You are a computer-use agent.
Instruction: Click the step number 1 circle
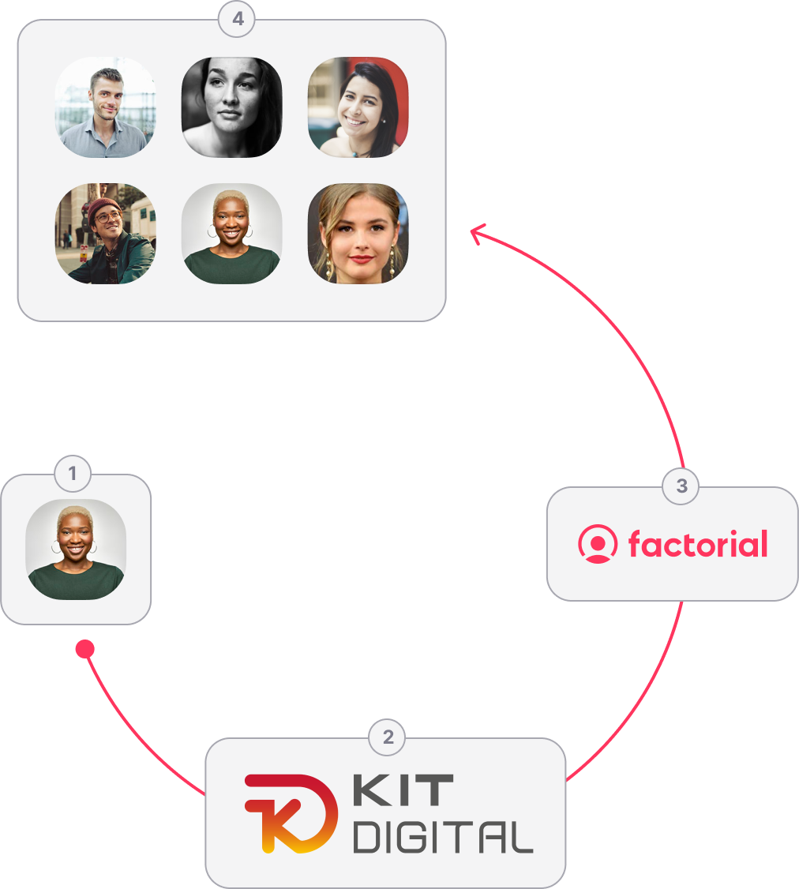(73, 474)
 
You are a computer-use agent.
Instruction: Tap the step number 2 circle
(387, 737)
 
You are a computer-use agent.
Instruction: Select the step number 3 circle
(681, 486)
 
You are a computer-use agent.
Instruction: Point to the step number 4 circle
(237, 19)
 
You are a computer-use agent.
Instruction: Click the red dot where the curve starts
(85, 649)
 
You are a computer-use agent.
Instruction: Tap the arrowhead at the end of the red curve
(477, 232)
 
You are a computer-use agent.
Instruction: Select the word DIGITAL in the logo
(443, 838)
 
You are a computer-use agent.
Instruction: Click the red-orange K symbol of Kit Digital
(291, 813)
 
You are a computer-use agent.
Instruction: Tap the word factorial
(698, 544)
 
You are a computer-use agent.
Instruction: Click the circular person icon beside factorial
(598, 544)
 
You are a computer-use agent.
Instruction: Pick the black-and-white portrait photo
(231, 107)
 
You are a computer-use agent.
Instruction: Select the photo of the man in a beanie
(105, 234)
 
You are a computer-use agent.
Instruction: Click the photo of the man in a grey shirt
(105, 107)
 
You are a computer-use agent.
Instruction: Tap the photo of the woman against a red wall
(358, 107)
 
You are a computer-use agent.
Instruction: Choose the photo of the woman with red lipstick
(358, 234)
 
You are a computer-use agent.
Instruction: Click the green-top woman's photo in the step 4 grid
(231, 234)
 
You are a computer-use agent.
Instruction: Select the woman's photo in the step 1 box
(76, 550)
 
